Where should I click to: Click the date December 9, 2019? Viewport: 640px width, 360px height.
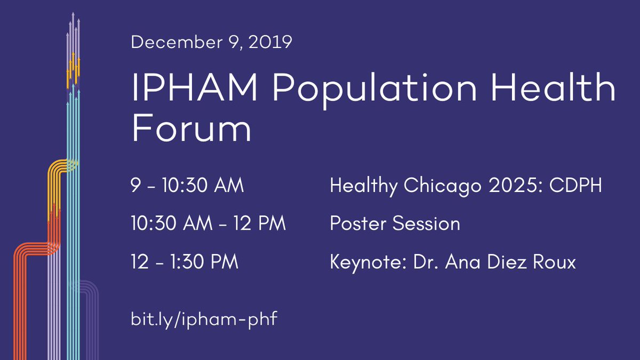(211, 42)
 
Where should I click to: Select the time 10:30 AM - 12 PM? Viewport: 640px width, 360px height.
(208, 224)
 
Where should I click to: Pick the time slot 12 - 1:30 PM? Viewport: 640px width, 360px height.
(184, 262)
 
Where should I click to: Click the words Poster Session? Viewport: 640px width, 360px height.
(395, 224)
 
